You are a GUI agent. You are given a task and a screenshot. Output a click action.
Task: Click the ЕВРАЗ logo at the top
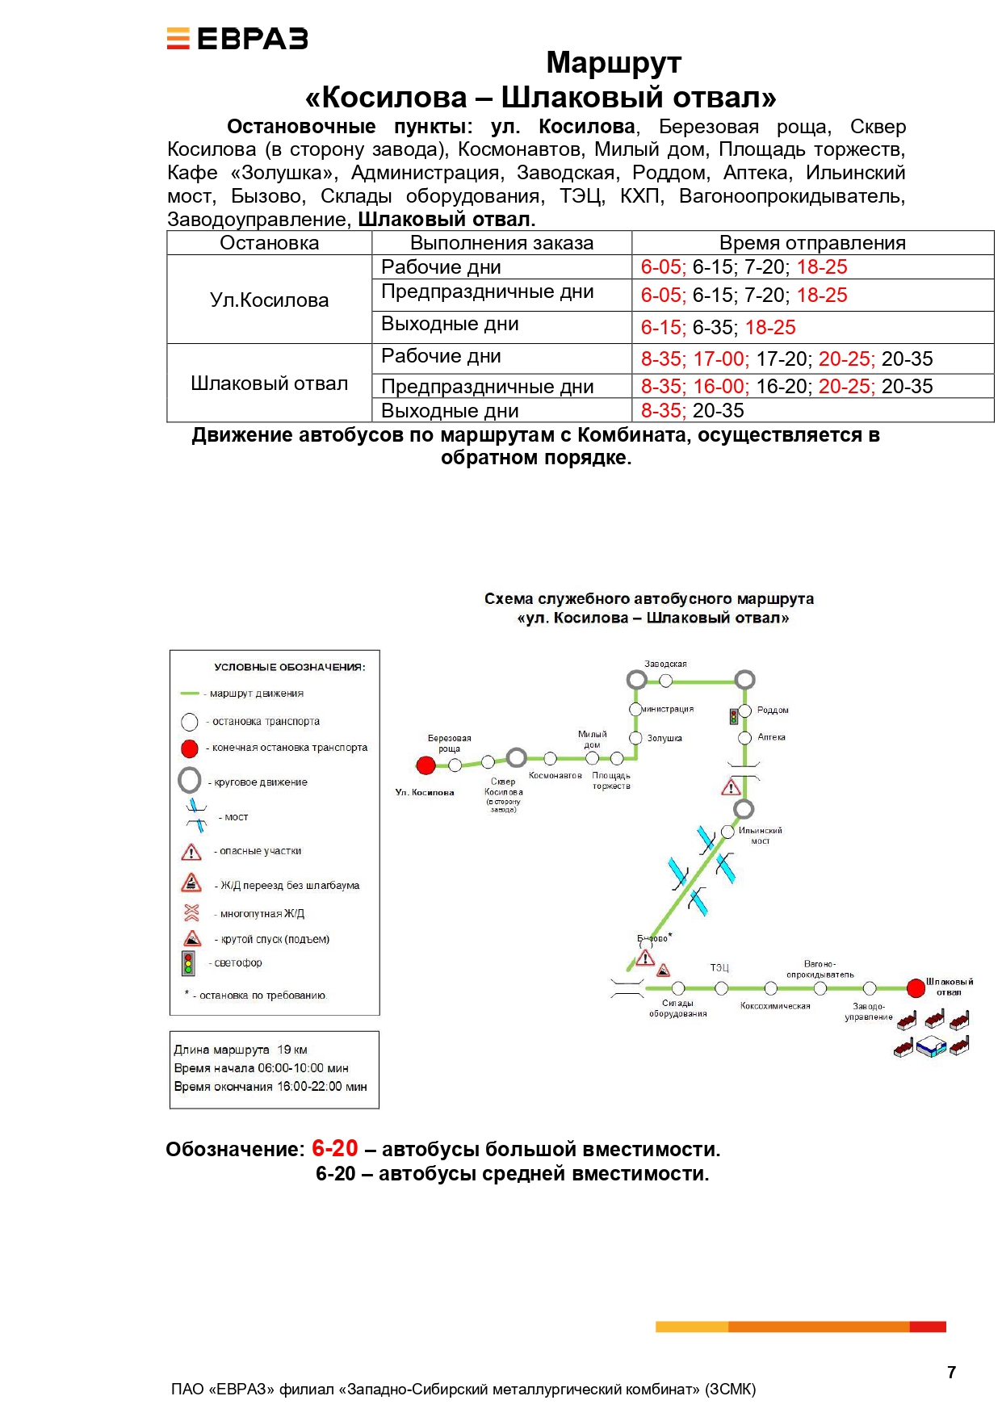pyautogui.click(x=237, y=39)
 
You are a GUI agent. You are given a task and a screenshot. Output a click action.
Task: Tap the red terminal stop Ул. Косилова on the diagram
pyautogui.click(x=426, y=765)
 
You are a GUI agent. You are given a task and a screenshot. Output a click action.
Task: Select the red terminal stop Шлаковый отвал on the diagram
pyautogui.click(x=916, y=987)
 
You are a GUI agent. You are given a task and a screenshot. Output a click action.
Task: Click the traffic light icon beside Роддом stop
pyautogui.click(x=734, y=716)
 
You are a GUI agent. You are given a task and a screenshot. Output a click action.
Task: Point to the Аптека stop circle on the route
pyautogui.click(x=745, y=738)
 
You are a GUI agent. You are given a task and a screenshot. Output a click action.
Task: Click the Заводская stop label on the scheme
pyautogui.click(x=665, y=664)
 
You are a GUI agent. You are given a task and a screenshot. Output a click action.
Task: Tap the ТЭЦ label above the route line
pyautogui.click(x=719, y=967)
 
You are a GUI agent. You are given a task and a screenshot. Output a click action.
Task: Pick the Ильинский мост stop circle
pyautogui.click(x=727, y=832)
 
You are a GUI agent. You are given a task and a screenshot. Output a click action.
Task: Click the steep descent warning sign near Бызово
pyautogui.click(x=664, y=970)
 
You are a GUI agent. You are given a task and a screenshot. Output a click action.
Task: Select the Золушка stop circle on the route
pyautogui.click(x=636, y=738)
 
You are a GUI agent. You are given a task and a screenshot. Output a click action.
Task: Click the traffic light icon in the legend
pyautogui.click(x=188, y=963)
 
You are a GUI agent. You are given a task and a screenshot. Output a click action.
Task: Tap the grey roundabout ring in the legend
pyautogui.click(x=190, y=780)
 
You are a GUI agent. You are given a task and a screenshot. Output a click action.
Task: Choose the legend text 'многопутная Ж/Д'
pyautogui.click(x=262, y=914)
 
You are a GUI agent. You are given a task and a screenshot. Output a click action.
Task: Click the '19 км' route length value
pyautogui.click(x=292, y=1050)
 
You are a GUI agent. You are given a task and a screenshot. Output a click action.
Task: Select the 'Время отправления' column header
pyautogui.click(x=812, y=243)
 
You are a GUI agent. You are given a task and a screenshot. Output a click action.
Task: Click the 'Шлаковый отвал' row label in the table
pyautogui.click(x=269, y=384)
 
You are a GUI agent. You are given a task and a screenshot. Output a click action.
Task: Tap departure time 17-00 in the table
pyautogui.click(x=720, y=359)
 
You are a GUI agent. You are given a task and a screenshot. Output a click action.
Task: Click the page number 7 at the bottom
pyautogui.click(x=951, y=1372)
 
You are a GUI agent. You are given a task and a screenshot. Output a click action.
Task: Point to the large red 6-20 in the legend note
pyautogui.click(x=335, y=1147)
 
